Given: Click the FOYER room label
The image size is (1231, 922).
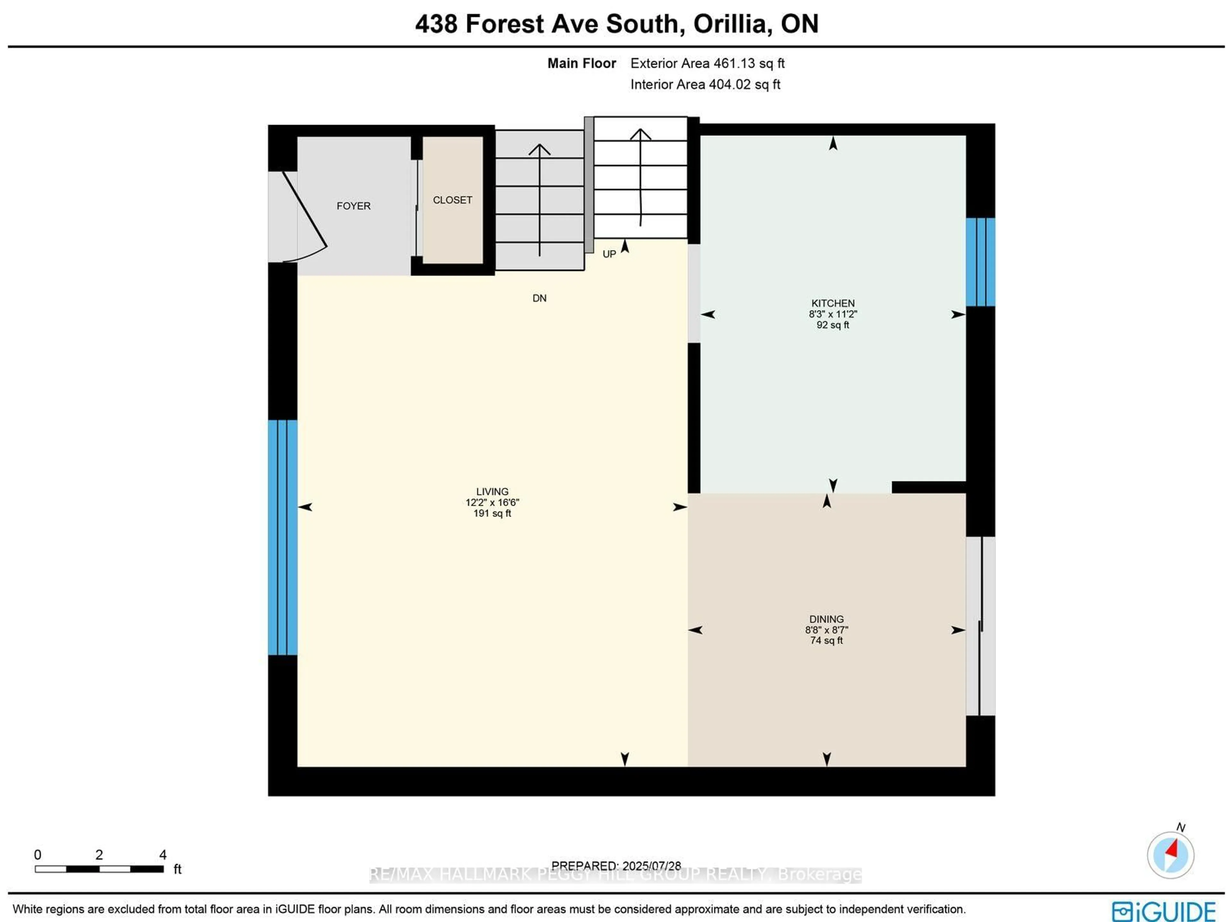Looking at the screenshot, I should (353, 206).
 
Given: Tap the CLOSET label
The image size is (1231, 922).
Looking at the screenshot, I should (452, 200).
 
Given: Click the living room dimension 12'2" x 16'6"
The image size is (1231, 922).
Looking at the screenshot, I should (492, 502).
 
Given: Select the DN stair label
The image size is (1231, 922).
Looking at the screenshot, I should (539, 299).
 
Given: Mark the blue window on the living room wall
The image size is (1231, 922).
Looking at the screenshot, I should (283, 537).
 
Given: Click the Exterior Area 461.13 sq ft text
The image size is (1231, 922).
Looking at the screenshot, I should (707, 63).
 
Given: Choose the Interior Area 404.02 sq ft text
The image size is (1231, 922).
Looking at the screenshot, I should (705, 85).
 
